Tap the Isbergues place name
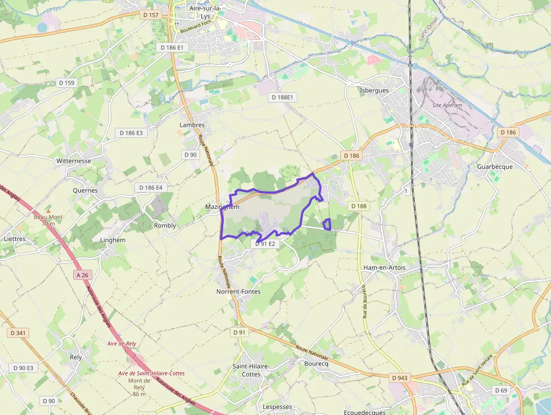(x=374, y=90)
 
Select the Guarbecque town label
(x=495, y=167)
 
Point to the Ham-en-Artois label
(x=385, y=267)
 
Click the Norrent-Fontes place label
(x=238, y=292)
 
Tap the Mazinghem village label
(x=222, y=207)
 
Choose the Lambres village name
(x=192, y=125)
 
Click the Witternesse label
(x=74, y=160)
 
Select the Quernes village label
(x=85, y=190)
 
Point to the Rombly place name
(x=165, y=225)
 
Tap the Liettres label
(x=15, y=239)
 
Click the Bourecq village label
(x=315, y=364)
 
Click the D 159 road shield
(x=66, y=83)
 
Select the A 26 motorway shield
(x=82, y=275)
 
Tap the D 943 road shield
(x=400, y=377)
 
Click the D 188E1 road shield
(x=283, y=97)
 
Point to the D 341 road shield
(x=18, y=333)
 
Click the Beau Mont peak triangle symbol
(x=48, y=210)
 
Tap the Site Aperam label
(x=448, y=105)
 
